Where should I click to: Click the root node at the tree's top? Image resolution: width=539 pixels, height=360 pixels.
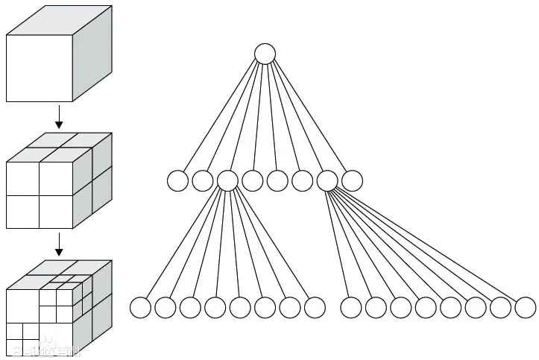tap(265, 54)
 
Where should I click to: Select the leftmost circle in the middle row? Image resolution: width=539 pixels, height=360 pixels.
tap(177, 180)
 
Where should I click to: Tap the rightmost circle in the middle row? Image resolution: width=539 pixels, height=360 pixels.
tap(352, 180)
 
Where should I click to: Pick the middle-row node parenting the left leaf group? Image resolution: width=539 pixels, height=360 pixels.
tap(227, 180)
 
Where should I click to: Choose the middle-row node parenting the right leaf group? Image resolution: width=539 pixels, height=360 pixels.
tap(327, 180)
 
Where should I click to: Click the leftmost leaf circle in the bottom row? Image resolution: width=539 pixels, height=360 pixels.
tap(140, 307)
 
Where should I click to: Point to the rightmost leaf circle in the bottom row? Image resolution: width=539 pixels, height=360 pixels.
tap(525, 307)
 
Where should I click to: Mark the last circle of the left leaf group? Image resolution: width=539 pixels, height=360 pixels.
tap(315, 307)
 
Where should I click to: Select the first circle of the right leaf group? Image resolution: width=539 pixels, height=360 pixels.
tap(350, 307)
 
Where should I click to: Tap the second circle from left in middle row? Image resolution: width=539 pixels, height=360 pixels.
tap(202, 180)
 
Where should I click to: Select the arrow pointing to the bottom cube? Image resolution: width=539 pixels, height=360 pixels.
tap(59, 243)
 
